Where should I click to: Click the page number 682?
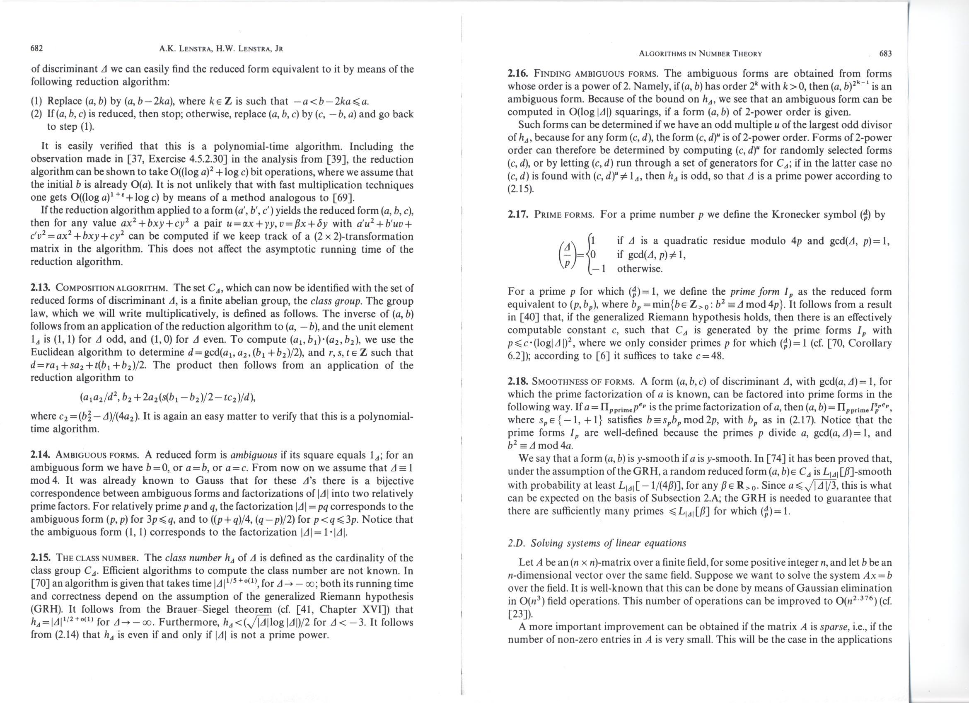37,48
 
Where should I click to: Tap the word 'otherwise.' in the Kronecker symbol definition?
640,269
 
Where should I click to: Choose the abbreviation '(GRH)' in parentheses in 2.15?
46,609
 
